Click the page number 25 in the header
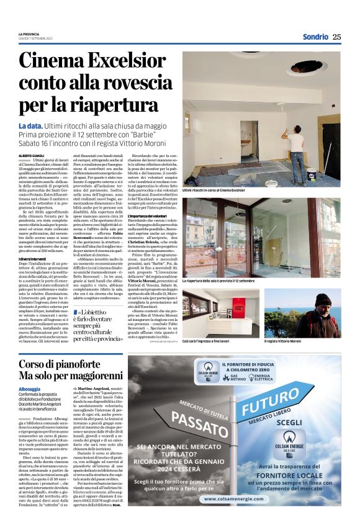coord(337,37)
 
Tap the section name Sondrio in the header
coord(315,37)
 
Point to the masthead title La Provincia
coord(29,34)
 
